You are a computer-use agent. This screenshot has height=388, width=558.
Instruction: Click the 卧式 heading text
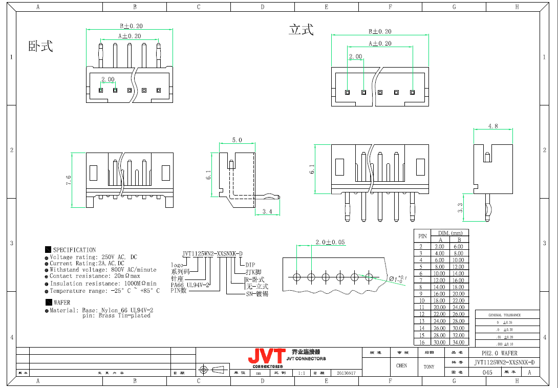41,47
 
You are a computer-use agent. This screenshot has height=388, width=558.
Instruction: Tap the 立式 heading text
301,30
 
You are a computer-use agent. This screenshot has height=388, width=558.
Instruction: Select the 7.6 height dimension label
69,180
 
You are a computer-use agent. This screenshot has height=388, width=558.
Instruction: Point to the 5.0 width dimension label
237,140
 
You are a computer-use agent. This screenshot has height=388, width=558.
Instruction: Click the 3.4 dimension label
267,211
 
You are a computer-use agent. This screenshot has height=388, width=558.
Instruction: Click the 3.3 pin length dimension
460,207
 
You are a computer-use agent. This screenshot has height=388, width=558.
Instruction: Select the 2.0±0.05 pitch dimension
330,242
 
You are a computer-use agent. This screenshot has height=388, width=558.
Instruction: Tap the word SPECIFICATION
74,250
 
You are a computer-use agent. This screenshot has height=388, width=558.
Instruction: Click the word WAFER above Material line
62,303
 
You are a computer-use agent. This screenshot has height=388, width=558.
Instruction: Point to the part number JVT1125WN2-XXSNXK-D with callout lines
212,253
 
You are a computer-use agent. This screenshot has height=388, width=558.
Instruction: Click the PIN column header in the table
422,236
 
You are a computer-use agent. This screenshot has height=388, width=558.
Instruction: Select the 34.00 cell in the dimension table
459,342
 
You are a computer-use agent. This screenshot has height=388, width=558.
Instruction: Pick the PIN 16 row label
422,342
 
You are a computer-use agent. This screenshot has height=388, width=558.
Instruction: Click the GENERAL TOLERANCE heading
504,315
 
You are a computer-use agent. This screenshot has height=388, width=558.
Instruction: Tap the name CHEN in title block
401,365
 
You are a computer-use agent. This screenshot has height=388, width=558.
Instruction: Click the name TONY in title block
429,367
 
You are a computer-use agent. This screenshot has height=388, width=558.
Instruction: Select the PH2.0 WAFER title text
500,353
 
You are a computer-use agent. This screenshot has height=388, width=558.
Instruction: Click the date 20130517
346,373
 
